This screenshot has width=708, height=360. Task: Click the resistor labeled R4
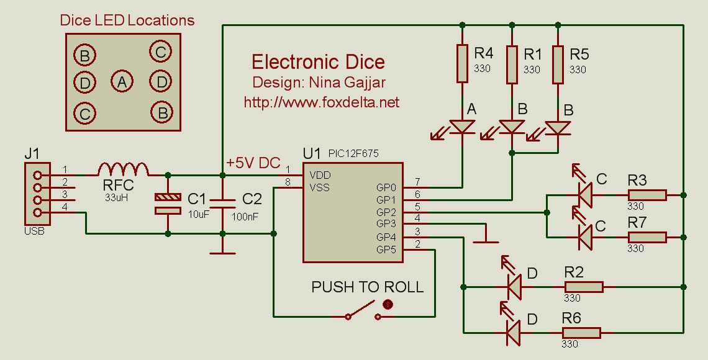462,63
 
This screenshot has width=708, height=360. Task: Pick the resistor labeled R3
647,196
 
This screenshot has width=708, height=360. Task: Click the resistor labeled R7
647,237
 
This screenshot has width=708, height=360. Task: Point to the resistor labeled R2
584,287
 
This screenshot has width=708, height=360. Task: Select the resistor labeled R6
581,333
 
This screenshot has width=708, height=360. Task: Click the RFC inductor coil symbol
123,169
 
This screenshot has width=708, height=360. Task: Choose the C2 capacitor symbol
222,203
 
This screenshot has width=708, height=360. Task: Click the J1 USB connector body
37,194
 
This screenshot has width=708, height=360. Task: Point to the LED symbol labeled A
462,127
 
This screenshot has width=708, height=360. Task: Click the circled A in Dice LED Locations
122,81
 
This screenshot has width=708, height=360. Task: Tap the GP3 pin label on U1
386,223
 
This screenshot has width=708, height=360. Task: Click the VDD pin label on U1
320,175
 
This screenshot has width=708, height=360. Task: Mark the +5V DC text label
254,162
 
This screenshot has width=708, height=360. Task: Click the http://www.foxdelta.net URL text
321,102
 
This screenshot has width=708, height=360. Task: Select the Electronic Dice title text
318,62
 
